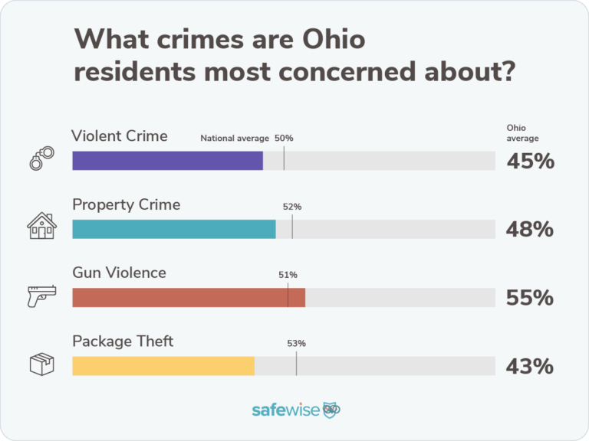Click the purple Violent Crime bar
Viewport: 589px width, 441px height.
(x=167, y=161)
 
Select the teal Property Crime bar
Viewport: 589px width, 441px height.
(x=173, y=229)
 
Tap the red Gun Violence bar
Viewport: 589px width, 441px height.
(x=189, y=297)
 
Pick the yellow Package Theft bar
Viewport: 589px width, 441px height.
(x=163, y=365)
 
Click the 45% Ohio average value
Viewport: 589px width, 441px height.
(x=529, y=162)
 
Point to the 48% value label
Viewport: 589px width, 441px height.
(x=529, y=230)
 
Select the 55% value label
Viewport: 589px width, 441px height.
(x=529, y=298)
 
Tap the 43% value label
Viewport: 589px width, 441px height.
(x=529, y=366)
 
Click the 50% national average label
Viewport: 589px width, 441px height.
(x=284, y=139)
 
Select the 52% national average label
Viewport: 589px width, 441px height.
(x=292, y=207)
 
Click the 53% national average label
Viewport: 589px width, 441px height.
(x=297, y=343)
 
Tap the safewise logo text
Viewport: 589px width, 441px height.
(x=285, y=410)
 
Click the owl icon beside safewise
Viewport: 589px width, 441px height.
(x=331, y=410)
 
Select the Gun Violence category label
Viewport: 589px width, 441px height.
(x=119, y=273)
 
